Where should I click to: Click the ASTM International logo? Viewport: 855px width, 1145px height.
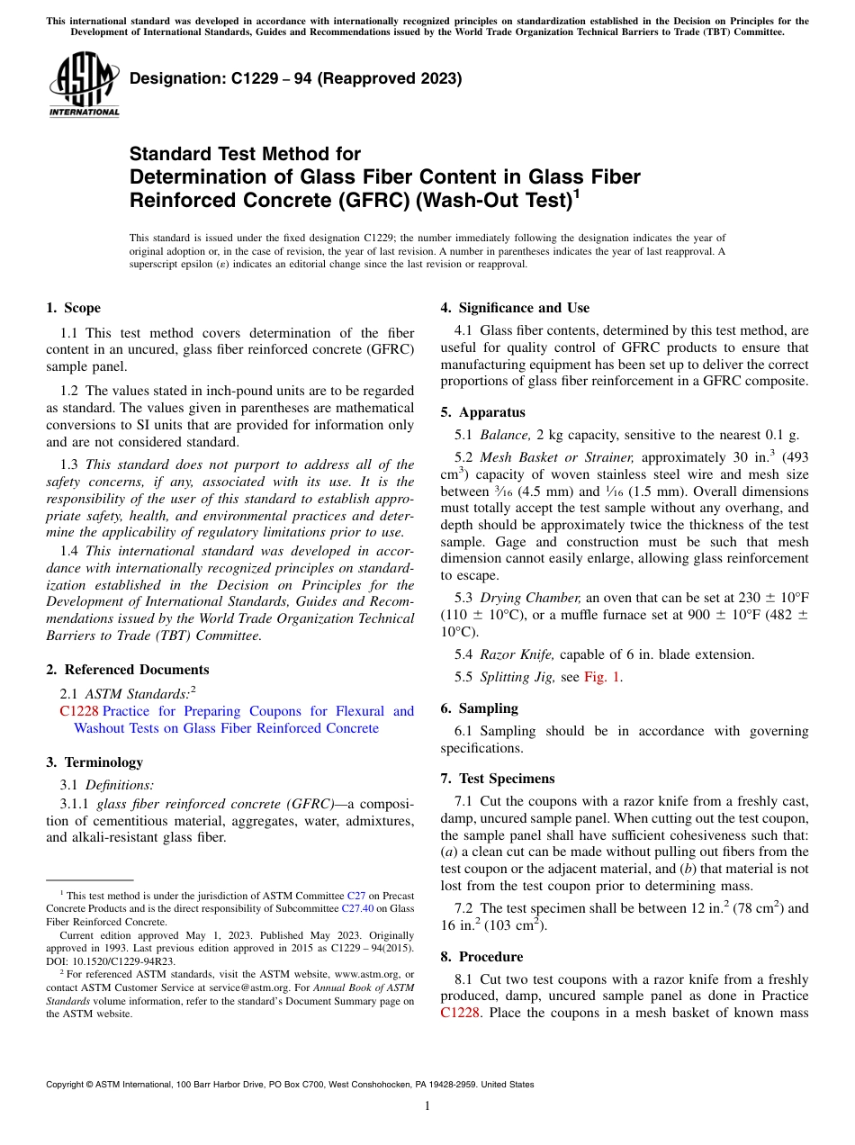coord(84,85)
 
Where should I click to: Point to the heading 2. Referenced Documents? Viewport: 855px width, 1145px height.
coord(127,670)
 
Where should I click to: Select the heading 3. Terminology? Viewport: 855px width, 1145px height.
coord(94,762)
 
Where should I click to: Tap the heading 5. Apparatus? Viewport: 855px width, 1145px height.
coord(482,412)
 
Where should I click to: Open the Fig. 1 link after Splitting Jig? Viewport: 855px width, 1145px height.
coord(602,677)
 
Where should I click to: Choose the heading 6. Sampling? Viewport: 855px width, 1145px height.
coord(479,708)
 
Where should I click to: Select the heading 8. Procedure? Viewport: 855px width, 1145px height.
coord(481,957)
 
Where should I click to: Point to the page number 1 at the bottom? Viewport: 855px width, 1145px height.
coord(427,1106)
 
